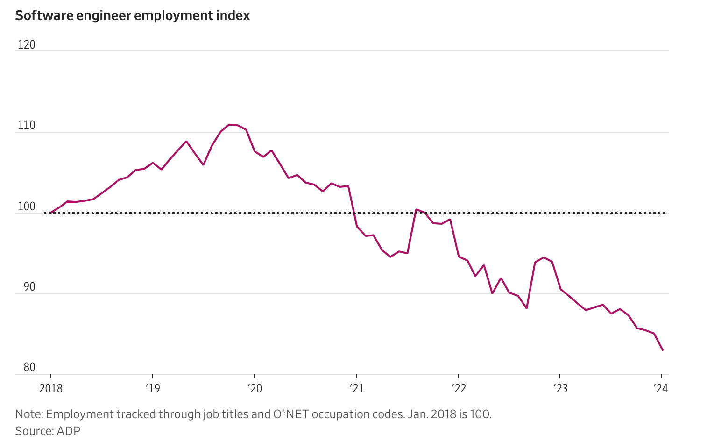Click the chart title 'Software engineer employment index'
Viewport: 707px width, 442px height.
(133, 16)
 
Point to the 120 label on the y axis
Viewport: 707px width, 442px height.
(26, 45)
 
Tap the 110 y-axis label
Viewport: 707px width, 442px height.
(26, 125)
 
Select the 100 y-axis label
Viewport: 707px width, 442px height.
(26, 207)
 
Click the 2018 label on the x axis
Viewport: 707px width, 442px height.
(51, 389)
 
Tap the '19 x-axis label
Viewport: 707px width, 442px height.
(153, 389)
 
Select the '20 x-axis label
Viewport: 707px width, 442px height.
(255, 389)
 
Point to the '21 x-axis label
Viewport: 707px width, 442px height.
(356, 389)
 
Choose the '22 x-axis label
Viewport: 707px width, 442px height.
(458, 389)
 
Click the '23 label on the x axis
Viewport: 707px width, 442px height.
(560, 389)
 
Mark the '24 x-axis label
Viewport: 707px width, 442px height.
(661, 389)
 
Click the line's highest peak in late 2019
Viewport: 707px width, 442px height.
(229, 125)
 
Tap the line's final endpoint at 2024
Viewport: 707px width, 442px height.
(663, 350)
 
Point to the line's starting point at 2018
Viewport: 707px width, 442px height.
(50, 213)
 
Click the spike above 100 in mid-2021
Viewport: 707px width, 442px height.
(416, 209)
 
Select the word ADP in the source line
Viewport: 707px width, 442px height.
(69, 431)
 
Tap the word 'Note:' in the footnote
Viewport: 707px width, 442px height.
(29, 414)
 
